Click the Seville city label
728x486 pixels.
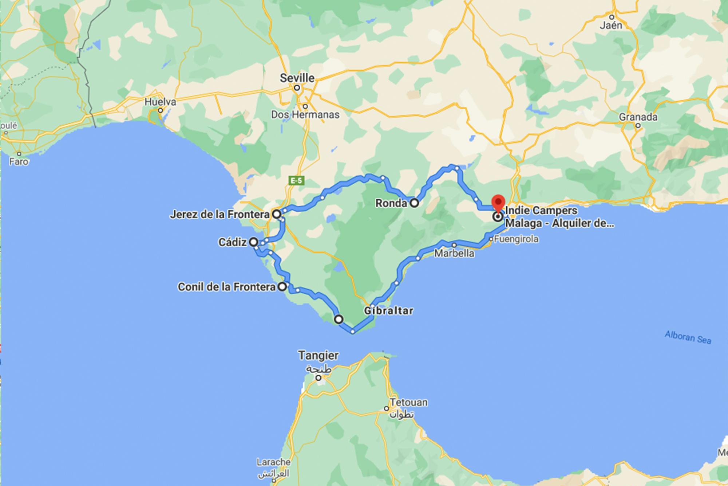coord(297,78)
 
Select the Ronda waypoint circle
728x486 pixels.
coord(414,203)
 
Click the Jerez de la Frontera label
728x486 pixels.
coord(219,215)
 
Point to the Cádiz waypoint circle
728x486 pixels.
coord(253,242)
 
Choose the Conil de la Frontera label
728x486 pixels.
coord(226,287)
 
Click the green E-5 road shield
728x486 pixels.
coord(296,180)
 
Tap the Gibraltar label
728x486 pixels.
coord(389,311)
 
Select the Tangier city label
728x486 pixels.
coord(318,355)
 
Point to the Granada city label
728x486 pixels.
coord(638,117)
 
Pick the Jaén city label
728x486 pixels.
coord(611,26)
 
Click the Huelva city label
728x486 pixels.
coord(160,102)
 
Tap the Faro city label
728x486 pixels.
coord(19,161)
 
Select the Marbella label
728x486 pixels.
coord(454,253)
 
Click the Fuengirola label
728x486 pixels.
coord(516,239)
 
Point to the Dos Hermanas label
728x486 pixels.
coord(305,115)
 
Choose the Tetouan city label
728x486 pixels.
coord(409,403)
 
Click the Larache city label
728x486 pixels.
coord(273,462)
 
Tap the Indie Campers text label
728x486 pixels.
coord(541,211)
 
